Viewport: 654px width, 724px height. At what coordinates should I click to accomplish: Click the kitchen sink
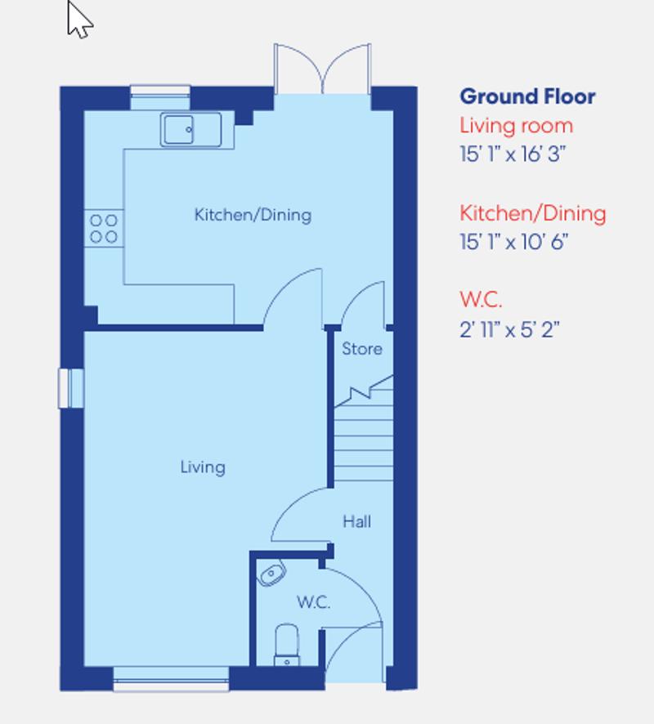pyautogui.click(x=190, y=129)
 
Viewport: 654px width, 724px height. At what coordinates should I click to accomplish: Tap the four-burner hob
pyautogui.click(x=104, y=229)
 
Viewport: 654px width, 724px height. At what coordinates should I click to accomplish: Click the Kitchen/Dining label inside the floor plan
pyautogui.click(x=253, y=215)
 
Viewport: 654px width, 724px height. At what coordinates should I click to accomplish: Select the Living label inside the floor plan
pyautogui.click(x=203, y=467)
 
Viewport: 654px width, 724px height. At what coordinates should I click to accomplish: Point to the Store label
pyautogui.click(x=361, y=349)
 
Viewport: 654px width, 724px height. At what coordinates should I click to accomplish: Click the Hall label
pyautogui.click(x=357, y=521)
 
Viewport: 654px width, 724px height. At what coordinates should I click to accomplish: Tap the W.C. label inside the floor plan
pyautogui.click(x=313, y=603)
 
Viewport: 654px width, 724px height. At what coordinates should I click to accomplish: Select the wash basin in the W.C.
pyautogui.click(x=270, y=574)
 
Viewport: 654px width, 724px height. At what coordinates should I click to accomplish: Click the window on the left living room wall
pyautogui.click(x=71, y=387)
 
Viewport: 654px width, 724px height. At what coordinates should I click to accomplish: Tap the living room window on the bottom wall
pyautogui.click(x=171, y=677)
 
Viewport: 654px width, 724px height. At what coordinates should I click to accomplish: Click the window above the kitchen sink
pyautogui.click(x=160, y=96)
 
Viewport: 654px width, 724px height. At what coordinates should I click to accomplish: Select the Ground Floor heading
pyautogui.click(x=527, y=96)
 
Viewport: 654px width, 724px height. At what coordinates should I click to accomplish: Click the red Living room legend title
pyautogui.click(x=516, y=126)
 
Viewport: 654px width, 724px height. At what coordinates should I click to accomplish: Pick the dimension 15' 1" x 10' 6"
pyautogui.click(x=513, y=242)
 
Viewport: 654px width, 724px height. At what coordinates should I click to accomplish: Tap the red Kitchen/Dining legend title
pyautogui.click(x=532, y=214)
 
